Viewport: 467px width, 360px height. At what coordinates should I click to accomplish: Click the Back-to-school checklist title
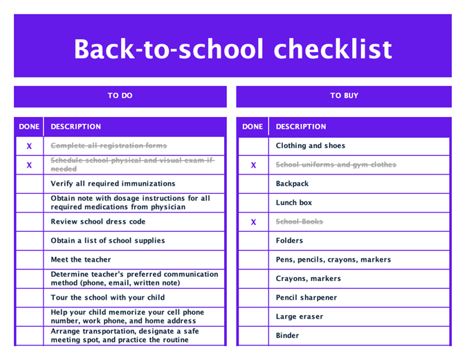point(232,49)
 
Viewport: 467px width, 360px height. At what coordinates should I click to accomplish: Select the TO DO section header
point(120,96)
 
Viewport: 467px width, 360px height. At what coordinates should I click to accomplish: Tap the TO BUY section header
point(344,96)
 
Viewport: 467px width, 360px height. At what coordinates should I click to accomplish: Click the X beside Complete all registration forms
point(29,146)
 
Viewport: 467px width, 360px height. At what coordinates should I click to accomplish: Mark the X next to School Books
point(253,222)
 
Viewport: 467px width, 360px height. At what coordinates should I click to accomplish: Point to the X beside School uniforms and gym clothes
point(253,165)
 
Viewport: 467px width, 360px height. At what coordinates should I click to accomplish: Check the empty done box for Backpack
point(253,184)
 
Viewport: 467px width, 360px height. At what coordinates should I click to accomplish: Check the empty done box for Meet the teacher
point(29,260)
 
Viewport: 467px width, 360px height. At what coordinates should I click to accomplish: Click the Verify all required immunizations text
point(113,183)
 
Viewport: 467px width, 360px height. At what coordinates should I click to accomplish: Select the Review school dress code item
point(98,222)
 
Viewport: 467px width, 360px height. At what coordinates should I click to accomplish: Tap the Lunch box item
point(293,203)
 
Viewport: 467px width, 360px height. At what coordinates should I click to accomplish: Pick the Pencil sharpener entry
point(306,298)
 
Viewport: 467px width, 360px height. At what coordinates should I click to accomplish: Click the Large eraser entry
point(299,316)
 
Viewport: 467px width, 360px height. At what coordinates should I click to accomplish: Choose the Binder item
point(287,336)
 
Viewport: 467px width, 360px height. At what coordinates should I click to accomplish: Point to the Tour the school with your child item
point(107,298)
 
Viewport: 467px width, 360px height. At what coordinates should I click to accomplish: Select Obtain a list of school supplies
point(108,241)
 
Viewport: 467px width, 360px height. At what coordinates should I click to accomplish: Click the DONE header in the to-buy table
point(253,127)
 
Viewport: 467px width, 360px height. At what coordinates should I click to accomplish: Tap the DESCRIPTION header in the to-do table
point(75,127)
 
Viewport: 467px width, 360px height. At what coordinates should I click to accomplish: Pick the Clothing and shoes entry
point(310,146)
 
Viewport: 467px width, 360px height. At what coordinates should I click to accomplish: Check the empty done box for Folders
point(253,241)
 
